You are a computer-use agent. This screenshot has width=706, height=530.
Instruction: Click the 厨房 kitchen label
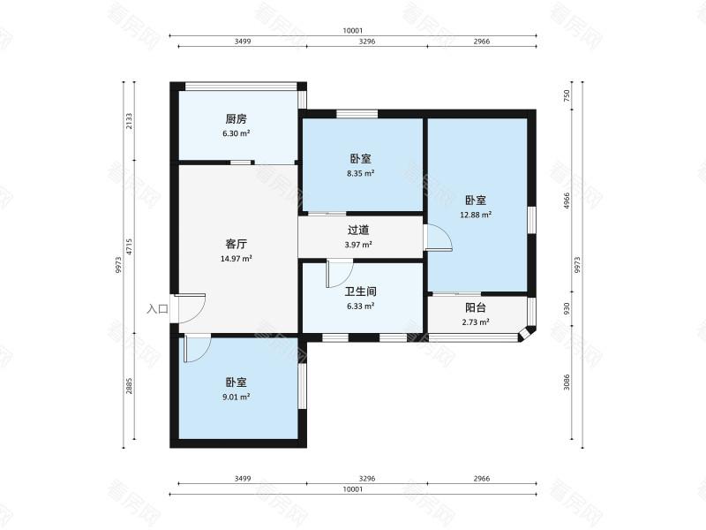coord(236,119)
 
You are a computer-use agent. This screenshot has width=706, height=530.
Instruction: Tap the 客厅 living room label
coord(236,244)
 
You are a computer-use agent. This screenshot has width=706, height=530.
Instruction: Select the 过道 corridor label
coord(359,231)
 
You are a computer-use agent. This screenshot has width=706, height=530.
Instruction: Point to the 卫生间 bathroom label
coord(359,291)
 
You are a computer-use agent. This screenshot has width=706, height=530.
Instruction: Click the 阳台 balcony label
coord(476,308)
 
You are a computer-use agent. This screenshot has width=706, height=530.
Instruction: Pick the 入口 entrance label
coord(157,309)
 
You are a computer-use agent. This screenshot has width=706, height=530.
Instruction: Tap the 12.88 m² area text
coord(476,214)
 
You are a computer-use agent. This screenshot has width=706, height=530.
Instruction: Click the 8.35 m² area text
coord(359,174)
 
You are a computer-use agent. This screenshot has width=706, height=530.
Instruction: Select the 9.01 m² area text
coord(236,397)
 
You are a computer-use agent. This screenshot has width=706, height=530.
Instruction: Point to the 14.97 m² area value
coord(236,259)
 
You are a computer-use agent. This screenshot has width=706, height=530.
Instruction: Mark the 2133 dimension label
coord(129,121)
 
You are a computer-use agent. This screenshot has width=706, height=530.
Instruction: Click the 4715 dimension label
coord(129,247)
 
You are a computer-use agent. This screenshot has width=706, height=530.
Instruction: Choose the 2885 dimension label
coord(129,387)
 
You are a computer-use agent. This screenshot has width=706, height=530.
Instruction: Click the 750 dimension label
coord(567,95)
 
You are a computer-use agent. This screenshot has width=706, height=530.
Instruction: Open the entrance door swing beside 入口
coord(192,307)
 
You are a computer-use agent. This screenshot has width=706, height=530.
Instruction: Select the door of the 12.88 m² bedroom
coord(438,238)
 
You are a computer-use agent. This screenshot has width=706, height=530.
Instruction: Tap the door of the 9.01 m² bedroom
coord(196,347)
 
